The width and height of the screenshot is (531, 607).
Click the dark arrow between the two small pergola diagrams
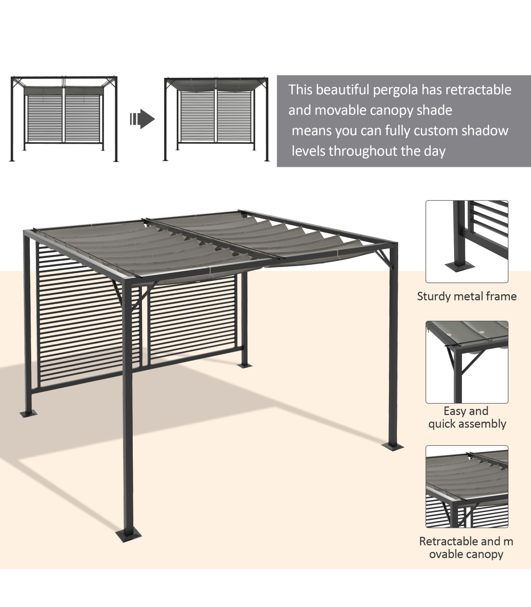[x=142, y=119]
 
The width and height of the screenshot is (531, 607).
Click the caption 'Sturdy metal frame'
[x=467, y=296]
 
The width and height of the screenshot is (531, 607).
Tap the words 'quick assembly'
[x=467, y=424]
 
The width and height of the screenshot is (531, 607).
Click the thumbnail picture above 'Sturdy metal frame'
[x=467, y=242]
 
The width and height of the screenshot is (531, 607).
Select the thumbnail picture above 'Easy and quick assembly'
[x=467, y=362]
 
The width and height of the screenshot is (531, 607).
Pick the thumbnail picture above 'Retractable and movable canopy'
[x=467, y=487]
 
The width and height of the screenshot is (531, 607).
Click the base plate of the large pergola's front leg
[x=128, y=535]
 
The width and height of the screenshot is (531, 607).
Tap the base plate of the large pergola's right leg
[x=392, y=446]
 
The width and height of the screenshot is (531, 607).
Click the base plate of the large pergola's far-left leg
[x=28, y=413]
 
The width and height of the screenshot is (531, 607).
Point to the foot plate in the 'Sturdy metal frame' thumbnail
[x=459, y=267]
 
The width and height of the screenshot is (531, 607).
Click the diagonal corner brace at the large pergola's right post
[x=385, y=257]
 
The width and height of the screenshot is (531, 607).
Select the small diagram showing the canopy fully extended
[x=216, y=119]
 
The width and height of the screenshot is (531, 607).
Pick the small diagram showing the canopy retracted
[x=64, y=119]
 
